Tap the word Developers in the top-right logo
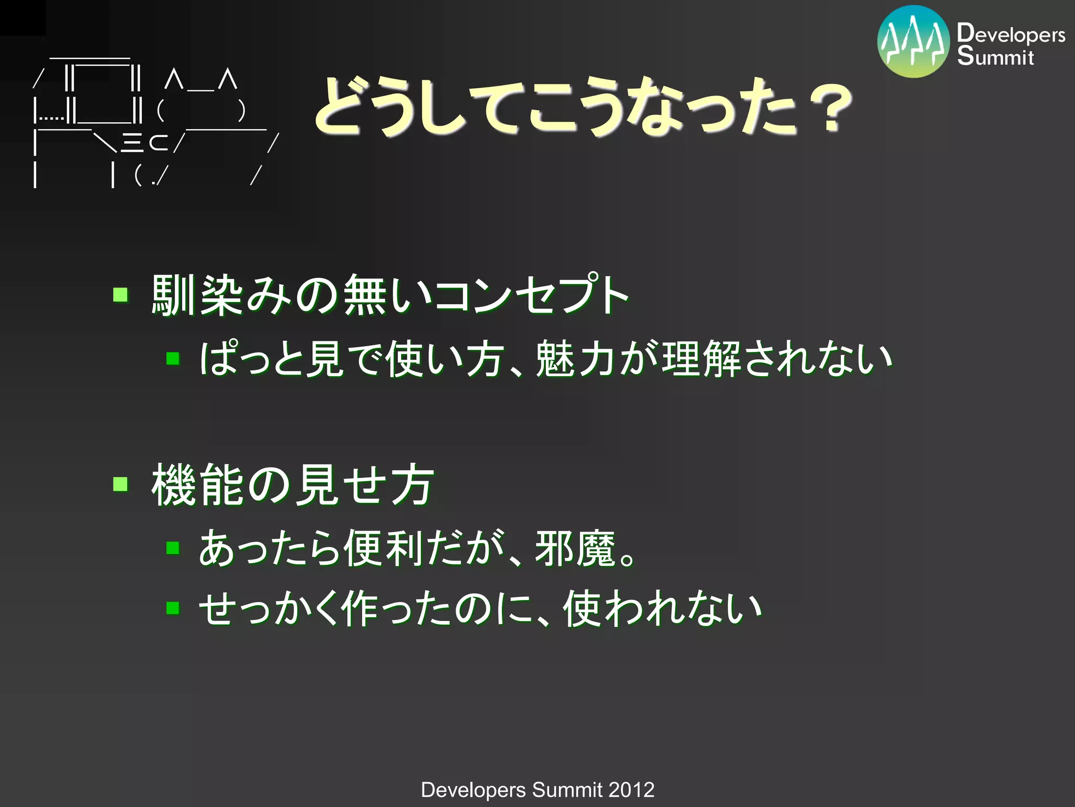pyautogui.click(x=1010, y=34)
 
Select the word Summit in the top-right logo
pyautogui.click(x=995, y=56)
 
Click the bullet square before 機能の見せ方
pyautogui.click(x=121, y=483)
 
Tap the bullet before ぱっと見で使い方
pyautogui.click(x=173, y=359)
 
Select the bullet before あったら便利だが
pyautogui.click(x=173, y=548)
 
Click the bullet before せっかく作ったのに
pyautogui.click(x=173, y=608)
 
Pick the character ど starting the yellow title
pyautogui.click(x=341, y=105)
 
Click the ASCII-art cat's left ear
pyautogui.click(x=174, y=80)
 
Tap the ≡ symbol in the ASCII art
pyautogui.click(x=132, y=142)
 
